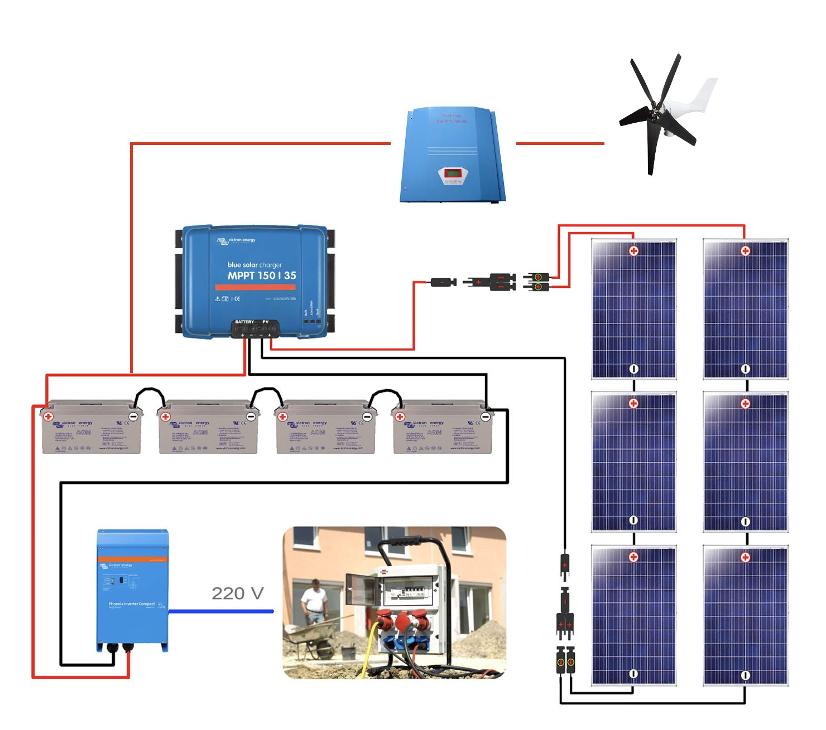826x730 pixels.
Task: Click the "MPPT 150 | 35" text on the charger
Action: click(261, 275)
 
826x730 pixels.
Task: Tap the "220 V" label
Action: click(237, 593)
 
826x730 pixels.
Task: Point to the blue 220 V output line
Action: click(221, 611)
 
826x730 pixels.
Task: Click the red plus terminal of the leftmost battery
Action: click(49, 416)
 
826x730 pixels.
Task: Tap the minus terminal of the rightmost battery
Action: click(485, 417)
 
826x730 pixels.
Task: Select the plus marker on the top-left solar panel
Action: click(633, 251)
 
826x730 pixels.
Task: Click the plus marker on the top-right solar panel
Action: click(745, 251)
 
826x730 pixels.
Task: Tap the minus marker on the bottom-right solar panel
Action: click(745, 675)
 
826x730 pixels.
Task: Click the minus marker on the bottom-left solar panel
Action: click(633, 674)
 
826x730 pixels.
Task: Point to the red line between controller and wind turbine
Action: click(560, 143)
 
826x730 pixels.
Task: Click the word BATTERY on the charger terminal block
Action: click(244, 322)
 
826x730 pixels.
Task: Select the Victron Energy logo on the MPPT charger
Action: click(236, 240)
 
